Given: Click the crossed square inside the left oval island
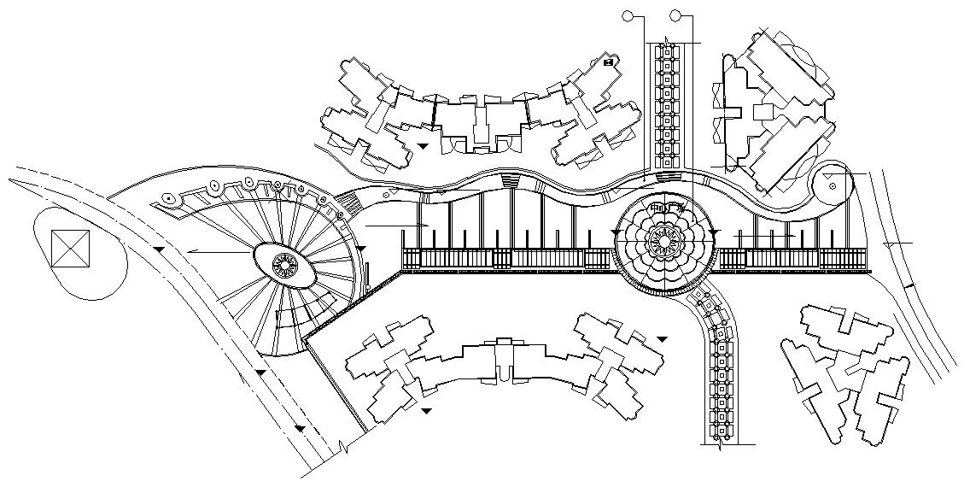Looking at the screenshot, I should (70, 249).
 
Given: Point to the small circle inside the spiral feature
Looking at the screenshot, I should (828, 181).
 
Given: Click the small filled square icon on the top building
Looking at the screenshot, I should (608, 62).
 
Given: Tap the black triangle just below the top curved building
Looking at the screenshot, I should (424, 146).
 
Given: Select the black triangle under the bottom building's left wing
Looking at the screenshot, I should (426, 411).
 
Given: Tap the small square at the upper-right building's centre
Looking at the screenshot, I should (763, 111).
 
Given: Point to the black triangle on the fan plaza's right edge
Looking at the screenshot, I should (360, 248).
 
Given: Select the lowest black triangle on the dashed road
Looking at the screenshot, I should (299, 427).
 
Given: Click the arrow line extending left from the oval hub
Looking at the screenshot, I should (218, 252).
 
